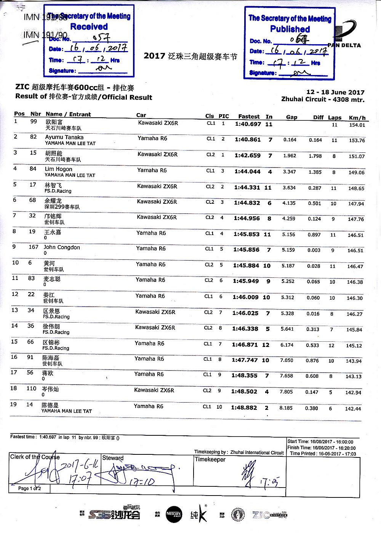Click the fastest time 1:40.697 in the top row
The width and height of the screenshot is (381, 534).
tap(248, 124)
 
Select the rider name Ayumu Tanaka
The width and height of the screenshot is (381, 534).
tap(64, 137)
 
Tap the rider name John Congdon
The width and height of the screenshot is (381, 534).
tap(62, 247)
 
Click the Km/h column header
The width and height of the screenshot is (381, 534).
tap(357, 118)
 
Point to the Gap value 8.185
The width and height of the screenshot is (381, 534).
tap(286, 408)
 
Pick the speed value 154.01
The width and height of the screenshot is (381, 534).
tap(357, 125)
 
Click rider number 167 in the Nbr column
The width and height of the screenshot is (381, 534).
tap(34, 247)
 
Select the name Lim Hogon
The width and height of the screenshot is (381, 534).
tap(58, 169)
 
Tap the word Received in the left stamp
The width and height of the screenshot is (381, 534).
tap(89, 27)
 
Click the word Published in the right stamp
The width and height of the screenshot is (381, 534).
tap(290, 29)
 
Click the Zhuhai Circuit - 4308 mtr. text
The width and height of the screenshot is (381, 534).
tap(323, 99)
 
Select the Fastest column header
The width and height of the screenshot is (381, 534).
tap(249, 117)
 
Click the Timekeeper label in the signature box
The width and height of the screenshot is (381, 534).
tap(210, 459)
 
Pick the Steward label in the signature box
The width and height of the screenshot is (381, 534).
tap(113, 458)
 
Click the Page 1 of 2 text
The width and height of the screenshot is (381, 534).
tap(30, 488)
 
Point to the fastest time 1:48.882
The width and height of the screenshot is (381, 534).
tap(244, 408)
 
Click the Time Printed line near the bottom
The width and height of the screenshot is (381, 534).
tap(323, 454)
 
